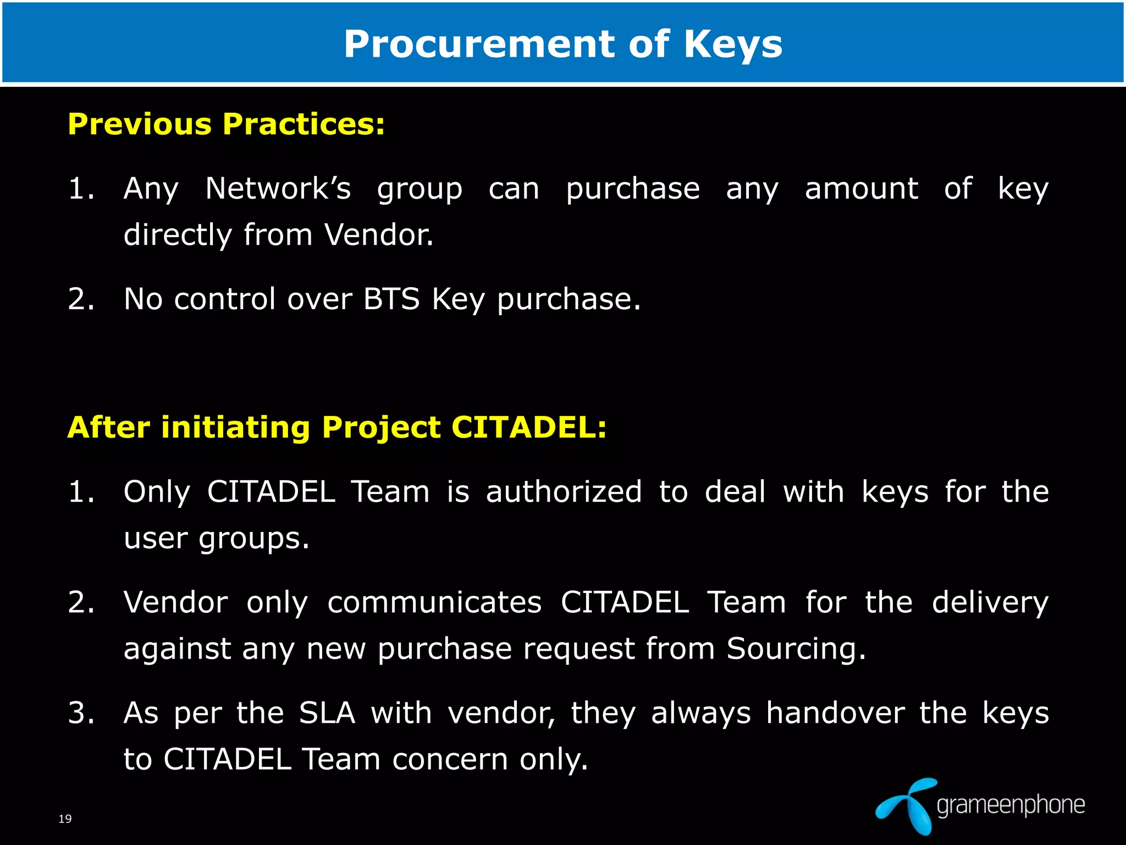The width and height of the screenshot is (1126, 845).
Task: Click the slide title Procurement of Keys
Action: (562, 44)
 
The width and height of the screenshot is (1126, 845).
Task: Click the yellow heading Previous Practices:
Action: (226, 124)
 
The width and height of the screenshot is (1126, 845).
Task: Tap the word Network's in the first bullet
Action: (278, 189)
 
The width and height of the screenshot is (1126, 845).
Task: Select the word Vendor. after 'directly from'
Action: (379, 235)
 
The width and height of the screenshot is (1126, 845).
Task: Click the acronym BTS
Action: (391, 299)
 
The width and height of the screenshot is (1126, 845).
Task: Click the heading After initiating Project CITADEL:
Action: (336, 427)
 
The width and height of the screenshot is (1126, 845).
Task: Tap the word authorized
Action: (564, 491)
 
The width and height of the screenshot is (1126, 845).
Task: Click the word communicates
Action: (434, 602)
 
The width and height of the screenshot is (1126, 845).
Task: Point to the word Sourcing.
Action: (796, 649)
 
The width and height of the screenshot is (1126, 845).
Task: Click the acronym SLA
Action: (327, 713)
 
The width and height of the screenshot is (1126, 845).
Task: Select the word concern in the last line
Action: (450, 760)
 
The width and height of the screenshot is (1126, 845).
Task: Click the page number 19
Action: (65, 819)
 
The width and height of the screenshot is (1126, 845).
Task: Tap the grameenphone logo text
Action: (1011, 805)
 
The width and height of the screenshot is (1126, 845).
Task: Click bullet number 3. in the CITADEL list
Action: (81, 713)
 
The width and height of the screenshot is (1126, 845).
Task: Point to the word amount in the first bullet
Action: (861, 189)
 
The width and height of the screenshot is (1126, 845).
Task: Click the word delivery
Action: (990, 603)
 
